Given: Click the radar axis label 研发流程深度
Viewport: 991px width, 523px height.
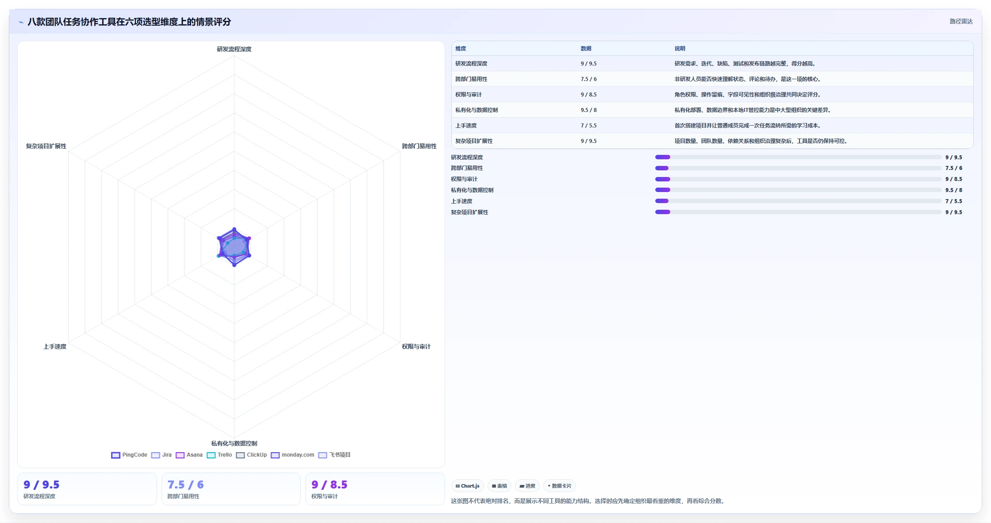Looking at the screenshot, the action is (234, 49).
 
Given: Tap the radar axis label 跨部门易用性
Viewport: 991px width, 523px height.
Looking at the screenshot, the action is (419, 146).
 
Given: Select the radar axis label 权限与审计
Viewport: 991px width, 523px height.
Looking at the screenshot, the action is (416, 346).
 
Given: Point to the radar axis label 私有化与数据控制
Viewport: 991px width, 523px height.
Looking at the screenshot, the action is (234, 443).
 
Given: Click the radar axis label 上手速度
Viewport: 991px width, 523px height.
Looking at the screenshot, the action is (55, 346).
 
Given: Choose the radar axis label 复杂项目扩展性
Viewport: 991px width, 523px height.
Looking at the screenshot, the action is (46, 146).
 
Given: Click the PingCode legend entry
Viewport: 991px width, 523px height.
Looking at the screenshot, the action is (129, 455).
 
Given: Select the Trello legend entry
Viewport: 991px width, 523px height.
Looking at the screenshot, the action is (219, 455).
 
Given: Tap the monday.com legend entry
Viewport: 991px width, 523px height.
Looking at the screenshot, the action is (292, 455).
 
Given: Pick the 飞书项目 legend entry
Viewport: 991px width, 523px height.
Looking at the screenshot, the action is (334, 455).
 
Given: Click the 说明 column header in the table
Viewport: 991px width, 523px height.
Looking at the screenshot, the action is (680, 49).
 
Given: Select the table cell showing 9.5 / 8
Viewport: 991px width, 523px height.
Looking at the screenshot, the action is (588, 110).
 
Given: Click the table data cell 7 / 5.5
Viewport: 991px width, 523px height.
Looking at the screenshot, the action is (588, 126).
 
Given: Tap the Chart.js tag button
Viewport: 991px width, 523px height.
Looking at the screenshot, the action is (468, 486).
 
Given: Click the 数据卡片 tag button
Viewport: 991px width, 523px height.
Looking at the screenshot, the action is (560, 486).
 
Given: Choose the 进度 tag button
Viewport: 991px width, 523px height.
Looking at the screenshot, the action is (527, 486).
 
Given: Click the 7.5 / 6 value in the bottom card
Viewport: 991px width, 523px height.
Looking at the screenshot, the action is (185, 485).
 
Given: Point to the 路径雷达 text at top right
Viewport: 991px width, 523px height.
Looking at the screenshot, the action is (961, 21).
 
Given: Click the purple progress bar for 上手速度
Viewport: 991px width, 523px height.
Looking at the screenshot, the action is (662, 201).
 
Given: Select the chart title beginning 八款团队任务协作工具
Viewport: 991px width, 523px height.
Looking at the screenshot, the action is (129, 22).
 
